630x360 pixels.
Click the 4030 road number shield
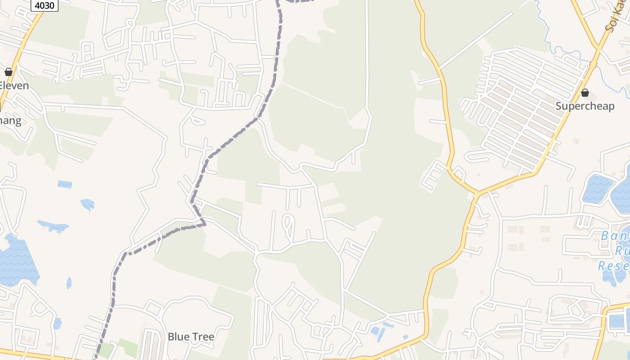pyautogui.click(x=45, y=5)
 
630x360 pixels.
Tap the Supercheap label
pyautogui.click(x=585, y=106)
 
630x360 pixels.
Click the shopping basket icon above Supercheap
pyautogui.click(x=585, y=93)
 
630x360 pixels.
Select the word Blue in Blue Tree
pyautogui.click(x=178, y=337)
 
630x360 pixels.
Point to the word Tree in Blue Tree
pyautogui.click(x=202, y=337)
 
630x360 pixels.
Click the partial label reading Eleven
pyautogui.click(x=14, y=85)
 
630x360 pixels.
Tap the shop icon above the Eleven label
pyautogui.click(x=8, y=72)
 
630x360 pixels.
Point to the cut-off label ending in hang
pyautogui.click(x=10, y=121)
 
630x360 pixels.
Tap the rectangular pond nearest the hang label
pyautogui.click(x=65, y=184)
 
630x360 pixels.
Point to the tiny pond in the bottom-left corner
pyautogui.click(x=57, y=323)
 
